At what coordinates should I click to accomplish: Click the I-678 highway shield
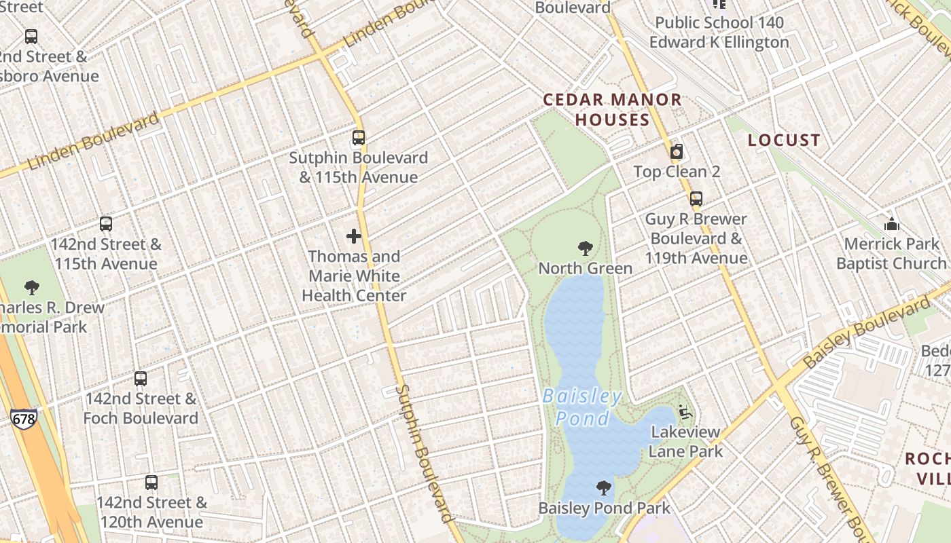pyautogui.click(x=23, y=419)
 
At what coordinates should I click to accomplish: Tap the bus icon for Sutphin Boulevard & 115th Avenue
pyautogui.click(x=359, y=138)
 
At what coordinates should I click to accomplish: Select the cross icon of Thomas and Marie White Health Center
pyautogui.click(x=354, y=236)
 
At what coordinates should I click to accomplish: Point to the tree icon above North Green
pyautogui.click(x=585, y=248)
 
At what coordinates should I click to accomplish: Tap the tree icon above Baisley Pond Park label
pyautogui.click(x=603, y=487)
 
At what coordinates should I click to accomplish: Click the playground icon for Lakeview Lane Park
pyautogui.click(x=685, y=412)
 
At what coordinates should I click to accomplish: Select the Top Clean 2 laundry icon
pyautogui.click(x=677, y=151)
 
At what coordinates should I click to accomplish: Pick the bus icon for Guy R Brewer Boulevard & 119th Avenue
pyautogui.click(x=696, y=199)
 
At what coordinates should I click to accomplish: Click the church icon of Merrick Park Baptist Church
pyautogui.click(x=891, y=223)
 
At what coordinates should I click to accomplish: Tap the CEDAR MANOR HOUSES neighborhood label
pyautogui.click(x=613, y=109)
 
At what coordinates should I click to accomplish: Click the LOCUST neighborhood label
pyautogui.click(x=784, y=140)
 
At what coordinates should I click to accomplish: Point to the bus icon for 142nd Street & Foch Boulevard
pyautogui.click(x=141, y=379)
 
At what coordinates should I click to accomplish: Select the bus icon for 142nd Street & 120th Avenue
pyautogui.click(x=151, y=483)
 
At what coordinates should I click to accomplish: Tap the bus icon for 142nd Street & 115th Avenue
pyautogui.click(x=106, y=224)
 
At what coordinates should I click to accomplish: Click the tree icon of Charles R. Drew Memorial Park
pyautogui.click(x=31, y=287)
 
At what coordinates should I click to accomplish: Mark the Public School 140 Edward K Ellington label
pyautogui.click(x=719, y=32)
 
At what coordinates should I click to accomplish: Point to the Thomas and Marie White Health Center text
pyautogui.click(x=354, y=276)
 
